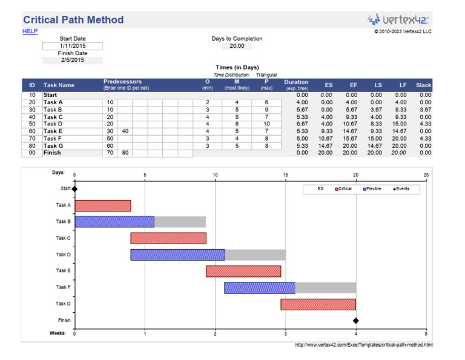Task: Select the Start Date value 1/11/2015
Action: point(73,46)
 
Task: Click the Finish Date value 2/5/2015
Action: point(73,60)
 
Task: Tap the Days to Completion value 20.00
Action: point(237,46)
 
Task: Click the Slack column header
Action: point(423,85)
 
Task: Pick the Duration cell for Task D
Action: point(297,124)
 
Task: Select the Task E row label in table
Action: point(53,131)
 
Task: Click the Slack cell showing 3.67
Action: point(424,110)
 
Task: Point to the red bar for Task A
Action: point(103,205)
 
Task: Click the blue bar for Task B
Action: point(114,222)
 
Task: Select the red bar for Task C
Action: point(168,238)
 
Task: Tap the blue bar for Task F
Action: point(259,288)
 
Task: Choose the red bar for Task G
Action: point(318,304)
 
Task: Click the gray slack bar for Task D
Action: point(255,255)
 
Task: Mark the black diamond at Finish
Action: point(356,321)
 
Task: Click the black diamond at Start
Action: point(75,188)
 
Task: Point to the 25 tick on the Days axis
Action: point(426,175)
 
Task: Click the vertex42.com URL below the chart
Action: point(364,345)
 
